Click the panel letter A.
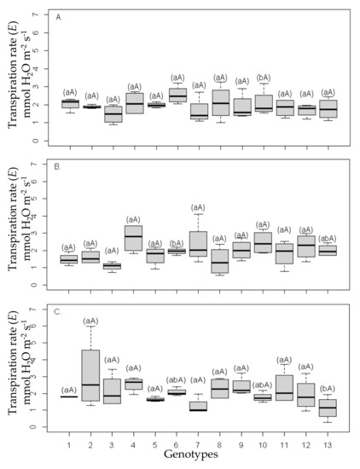click(57, 16)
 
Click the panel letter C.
click(57, 311)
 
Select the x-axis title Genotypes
click(195, 455)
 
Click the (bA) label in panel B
click(176, 243)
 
